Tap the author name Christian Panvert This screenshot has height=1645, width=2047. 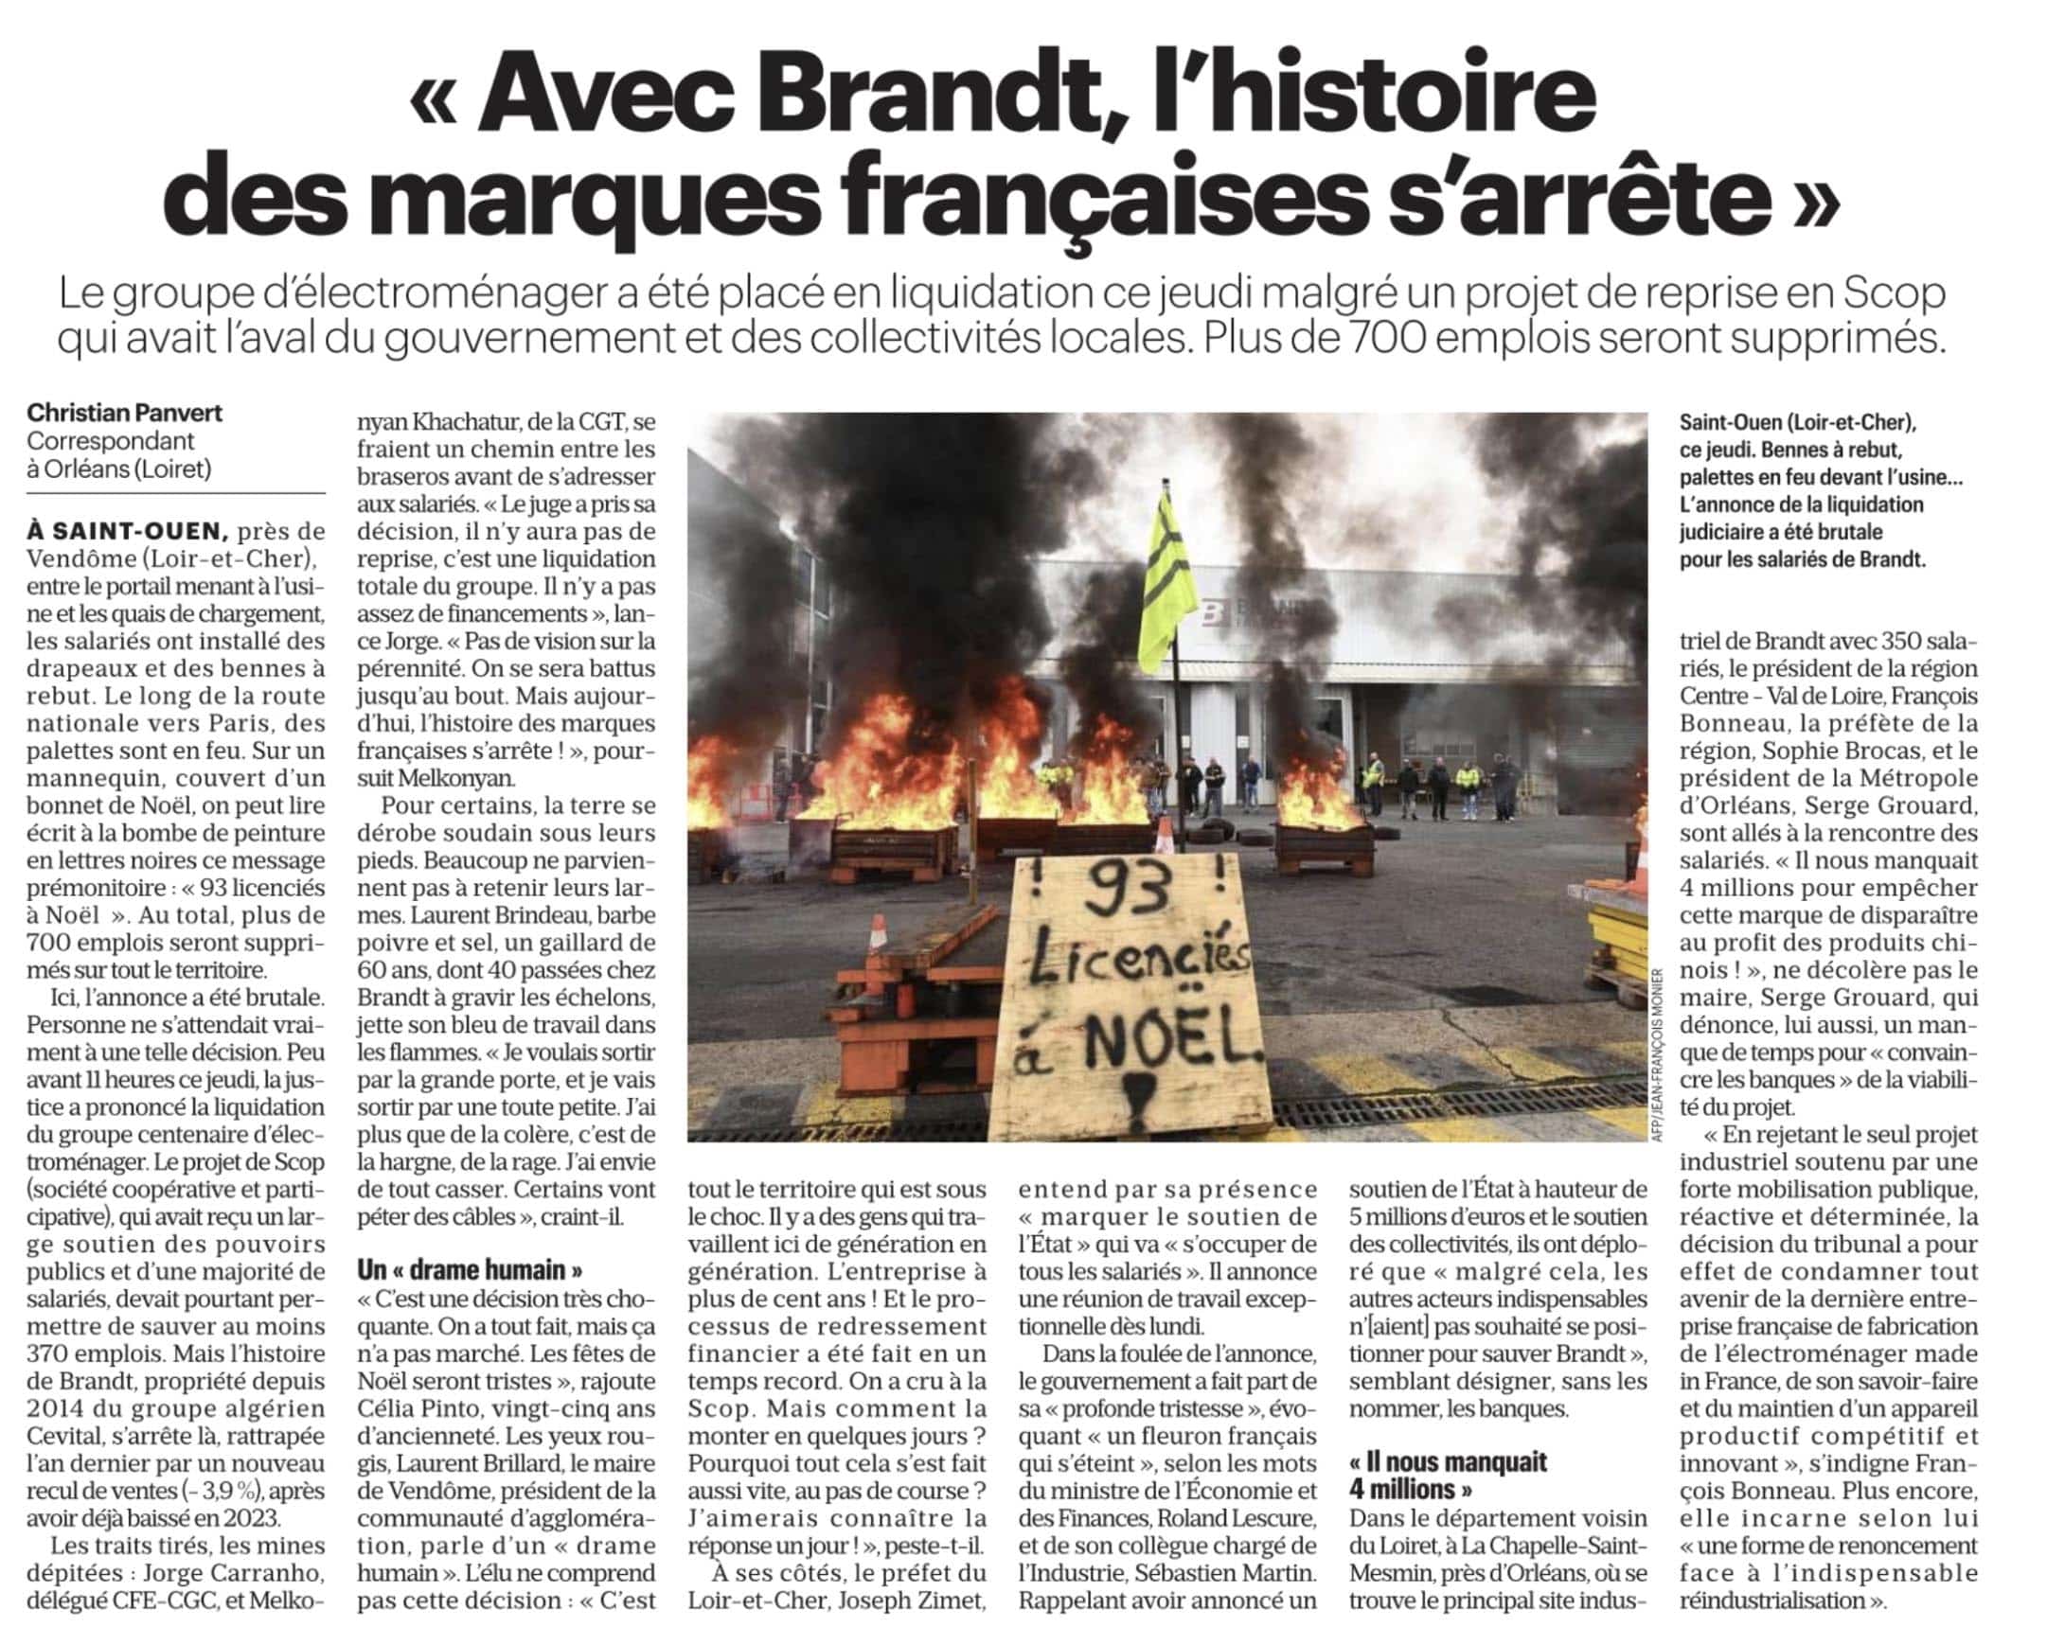(124, 414)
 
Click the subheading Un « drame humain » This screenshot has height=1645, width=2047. (470, 1270)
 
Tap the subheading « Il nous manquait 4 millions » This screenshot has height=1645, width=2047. (1448, 1474)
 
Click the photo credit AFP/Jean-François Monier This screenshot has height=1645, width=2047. (1658, 1053)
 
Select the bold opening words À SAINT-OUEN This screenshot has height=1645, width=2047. (127, 532)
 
